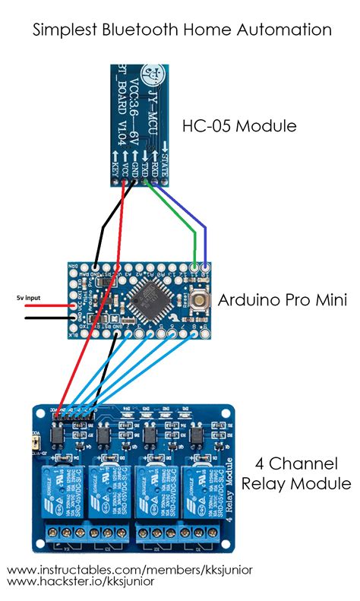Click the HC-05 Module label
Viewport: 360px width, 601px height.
point(238,125)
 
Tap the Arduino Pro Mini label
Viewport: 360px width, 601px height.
point(283,300)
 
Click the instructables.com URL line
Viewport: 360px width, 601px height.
point(129,569)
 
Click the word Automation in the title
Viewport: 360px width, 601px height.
point(289,30)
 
